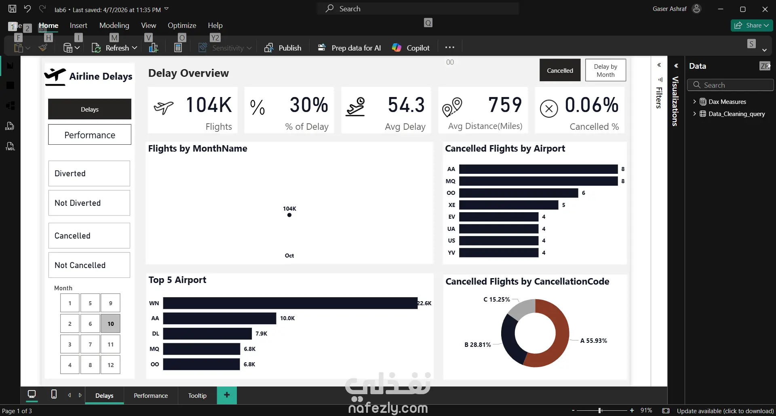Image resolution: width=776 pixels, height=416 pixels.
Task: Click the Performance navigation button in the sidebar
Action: [x=90, y=135]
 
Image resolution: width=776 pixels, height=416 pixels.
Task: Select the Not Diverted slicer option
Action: [x=89, y=203]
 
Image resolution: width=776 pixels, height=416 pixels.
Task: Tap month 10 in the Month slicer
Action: [x=110, y=323]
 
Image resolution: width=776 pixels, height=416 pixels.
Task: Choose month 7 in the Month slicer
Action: [x=90, y=344]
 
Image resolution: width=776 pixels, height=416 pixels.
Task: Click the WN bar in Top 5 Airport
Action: [x=290, y=303]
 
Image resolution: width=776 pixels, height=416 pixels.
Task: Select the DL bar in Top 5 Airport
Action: [x=207, y=334]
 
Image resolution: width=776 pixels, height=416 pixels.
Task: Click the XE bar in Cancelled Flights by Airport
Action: [x=508, y=205]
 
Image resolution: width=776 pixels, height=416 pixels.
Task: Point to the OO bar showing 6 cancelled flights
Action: [x=518, y=193]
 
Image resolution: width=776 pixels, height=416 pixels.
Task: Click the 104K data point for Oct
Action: [x=289, y=215]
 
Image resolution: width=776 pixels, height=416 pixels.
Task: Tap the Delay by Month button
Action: [x=605, y=70]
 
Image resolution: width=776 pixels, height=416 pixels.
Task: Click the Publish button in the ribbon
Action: [x=283, y=48]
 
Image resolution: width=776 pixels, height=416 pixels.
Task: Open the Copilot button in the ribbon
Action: [x=411, y=48]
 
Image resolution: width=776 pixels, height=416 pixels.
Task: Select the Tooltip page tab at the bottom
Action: [x=197, y=395]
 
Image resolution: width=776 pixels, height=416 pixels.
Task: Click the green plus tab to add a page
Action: [x=227, y=395]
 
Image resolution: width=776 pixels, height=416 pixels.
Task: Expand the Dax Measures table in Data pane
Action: [x=694, y=101]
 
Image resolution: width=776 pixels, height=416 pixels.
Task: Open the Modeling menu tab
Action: [x=114, y=25]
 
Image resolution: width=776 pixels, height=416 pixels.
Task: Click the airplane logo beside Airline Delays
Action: [x=55, y=76]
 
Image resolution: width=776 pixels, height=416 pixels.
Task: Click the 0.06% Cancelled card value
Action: [x=591, y=105]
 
